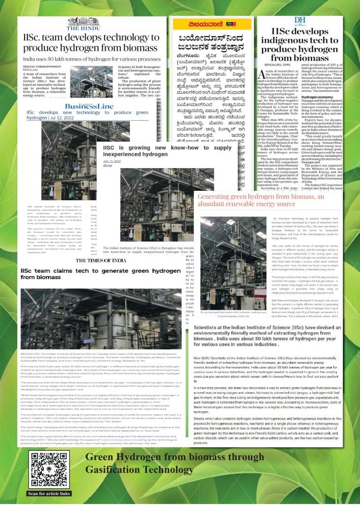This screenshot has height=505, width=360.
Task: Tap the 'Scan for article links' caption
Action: pyautogui.click(x=48, y=493)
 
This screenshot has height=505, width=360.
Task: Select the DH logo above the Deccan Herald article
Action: pyautogui.click(x=300, y=20)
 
